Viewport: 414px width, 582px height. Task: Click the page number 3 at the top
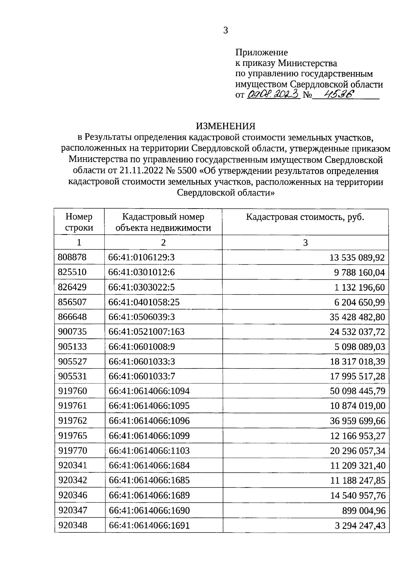pos(226,31)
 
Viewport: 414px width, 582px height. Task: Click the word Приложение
pos(261,52)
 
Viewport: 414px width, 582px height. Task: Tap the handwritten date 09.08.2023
pos(273,94)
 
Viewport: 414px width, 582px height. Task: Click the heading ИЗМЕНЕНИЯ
pos(226,126)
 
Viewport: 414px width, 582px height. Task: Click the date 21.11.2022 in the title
pos(141,171)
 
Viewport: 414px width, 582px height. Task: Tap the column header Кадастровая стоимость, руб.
pos(305,217)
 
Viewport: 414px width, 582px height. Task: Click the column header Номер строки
pos(79,222)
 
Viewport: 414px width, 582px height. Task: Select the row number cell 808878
pos(72,257)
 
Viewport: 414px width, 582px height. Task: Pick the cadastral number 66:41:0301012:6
pos(141,272)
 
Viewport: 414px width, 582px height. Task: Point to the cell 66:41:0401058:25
pos(144,302)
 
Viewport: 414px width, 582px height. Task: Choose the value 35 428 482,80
pos(357,317)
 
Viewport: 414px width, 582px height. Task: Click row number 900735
pos(72,332)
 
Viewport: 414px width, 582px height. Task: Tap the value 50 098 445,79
pos(357,391)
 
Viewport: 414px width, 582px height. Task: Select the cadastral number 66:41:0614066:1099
pos(149,436)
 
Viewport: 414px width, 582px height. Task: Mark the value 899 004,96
pos(363,511)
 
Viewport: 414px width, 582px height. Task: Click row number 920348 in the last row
pos(73,525)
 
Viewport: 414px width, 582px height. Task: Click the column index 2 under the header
pos(163,242)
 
